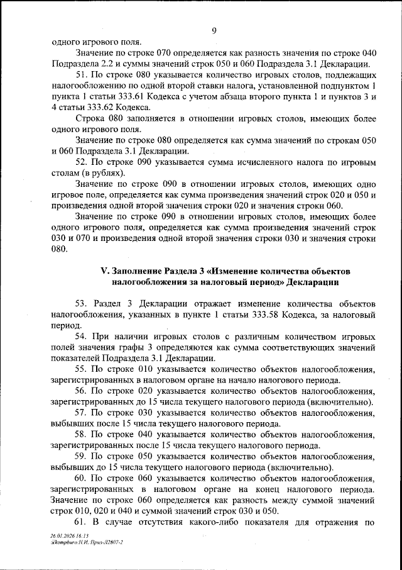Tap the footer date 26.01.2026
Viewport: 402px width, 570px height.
click(62, 534)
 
